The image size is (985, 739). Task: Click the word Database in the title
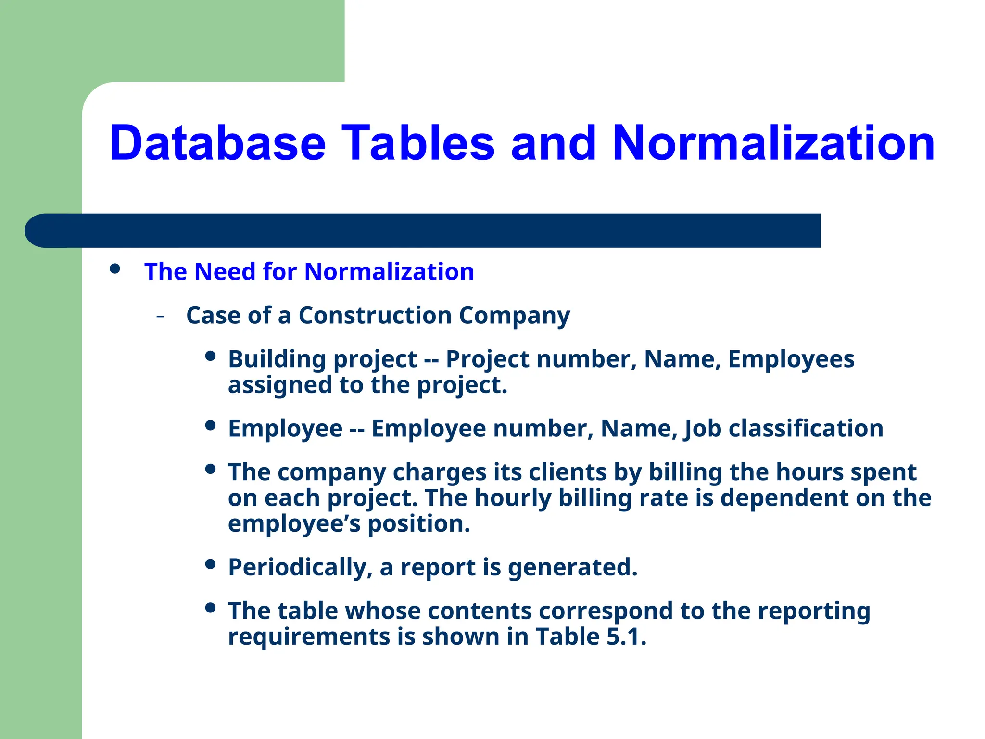pos(217,143)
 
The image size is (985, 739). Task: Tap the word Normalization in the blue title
pos(773,143)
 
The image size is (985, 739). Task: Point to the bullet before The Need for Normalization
pos(114,268)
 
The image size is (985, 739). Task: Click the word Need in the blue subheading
pos(225,271)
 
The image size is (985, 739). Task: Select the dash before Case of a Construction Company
pos(161,317)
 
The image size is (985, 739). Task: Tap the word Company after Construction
pos(514,317)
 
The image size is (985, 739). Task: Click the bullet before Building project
pos(210,356)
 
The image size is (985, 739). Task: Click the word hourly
pos(512,498)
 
